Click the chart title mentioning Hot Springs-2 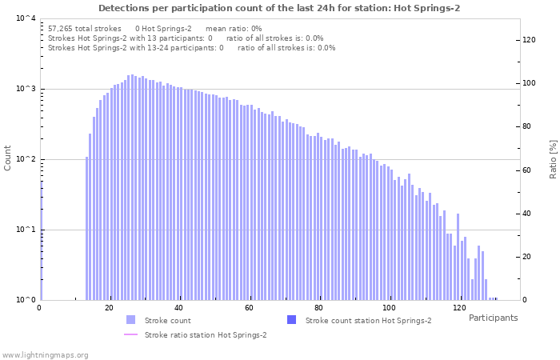[x=279, y=8]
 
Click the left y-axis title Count [x=8, y=158]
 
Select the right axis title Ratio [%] [x=552, y=158]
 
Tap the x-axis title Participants [x=493, y=318]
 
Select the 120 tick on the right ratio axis [x=529, y=40]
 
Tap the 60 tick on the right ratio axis [x=529, y=170]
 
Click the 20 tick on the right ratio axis [x=529, y=257]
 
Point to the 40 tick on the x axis [x=178, y=308]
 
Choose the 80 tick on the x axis [x=318, y=308]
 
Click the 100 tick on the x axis [x=389, y=308]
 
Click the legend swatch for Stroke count [x=131, y=320]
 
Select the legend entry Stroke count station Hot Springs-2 [x=368, y=320]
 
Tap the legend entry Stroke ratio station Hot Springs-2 [x=206, y=335]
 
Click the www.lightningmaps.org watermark [x=46, y=354]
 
